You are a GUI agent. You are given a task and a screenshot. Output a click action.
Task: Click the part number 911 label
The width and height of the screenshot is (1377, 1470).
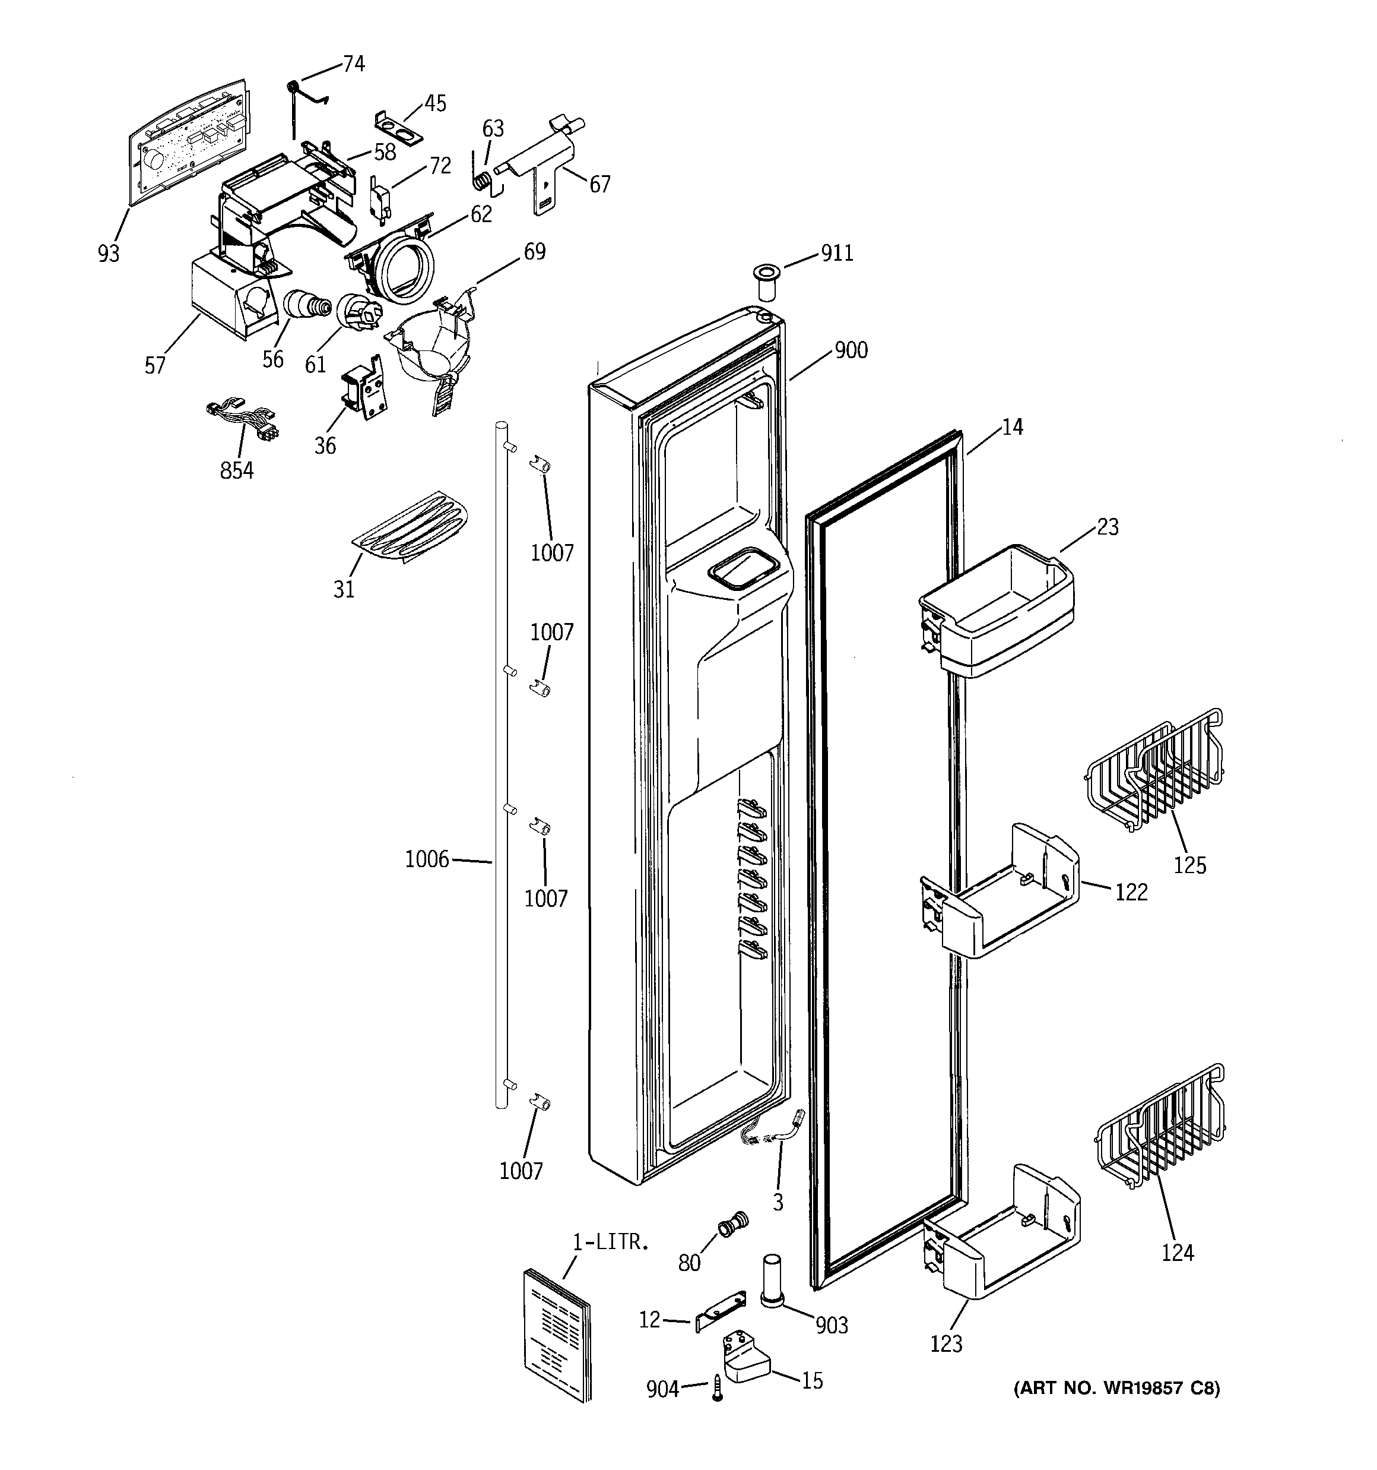[x=837, y=254]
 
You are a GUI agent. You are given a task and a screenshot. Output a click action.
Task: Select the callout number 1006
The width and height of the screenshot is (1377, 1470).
[x=427, y=859]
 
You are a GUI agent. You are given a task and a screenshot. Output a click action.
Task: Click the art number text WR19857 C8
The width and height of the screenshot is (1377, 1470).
[x=1116, y=1389]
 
